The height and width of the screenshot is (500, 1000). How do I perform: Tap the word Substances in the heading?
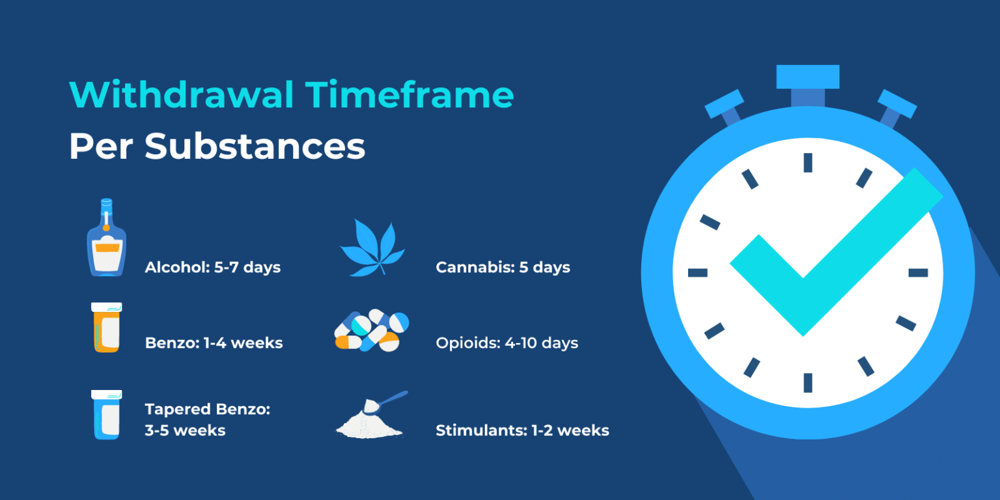255,147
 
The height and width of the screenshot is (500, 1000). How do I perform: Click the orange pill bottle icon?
106,327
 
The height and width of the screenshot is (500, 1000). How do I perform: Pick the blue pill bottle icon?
106,414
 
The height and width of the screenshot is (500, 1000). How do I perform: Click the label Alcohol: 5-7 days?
213,268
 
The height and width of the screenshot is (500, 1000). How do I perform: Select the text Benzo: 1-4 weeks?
214,343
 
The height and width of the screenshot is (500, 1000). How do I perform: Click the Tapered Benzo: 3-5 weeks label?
207,420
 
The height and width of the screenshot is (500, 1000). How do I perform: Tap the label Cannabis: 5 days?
503,268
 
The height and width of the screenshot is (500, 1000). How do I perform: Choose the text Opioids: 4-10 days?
507,343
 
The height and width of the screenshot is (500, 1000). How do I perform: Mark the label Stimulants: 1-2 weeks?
522,430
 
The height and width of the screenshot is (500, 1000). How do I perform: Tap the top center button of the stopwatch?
807,77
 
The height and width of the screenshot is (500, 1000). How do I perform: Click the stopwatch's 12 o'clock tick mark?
807,163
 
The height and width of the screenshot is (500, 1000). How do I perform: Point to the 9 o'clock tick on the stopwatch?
698,273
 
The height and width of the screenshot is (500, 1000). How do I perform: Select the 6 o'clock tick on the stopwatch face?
807,382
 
